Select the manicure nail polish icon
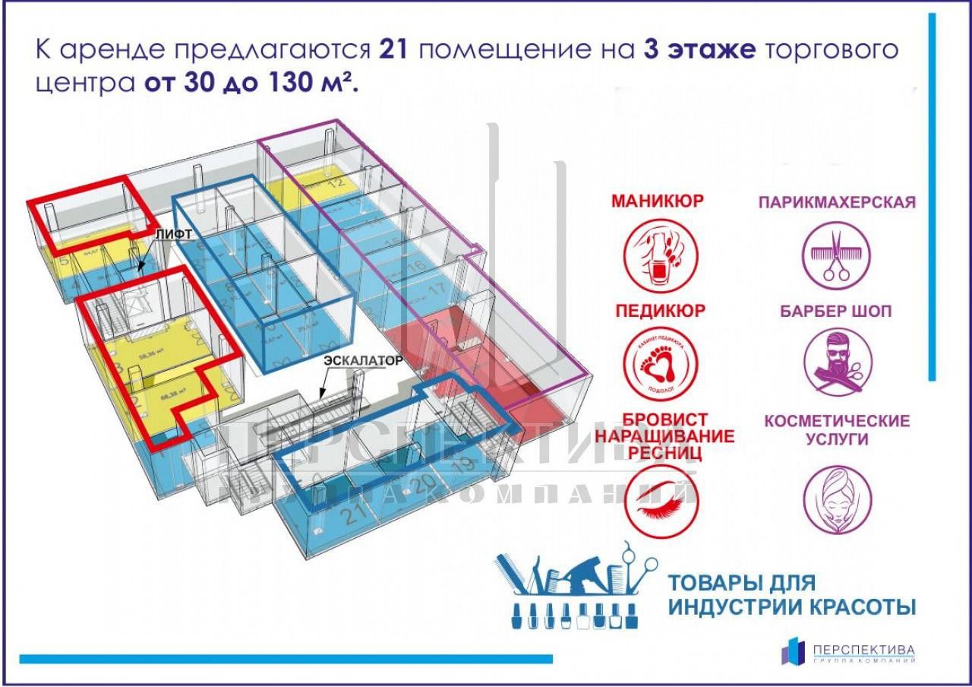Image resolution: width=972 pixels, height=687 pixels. pos(658,255)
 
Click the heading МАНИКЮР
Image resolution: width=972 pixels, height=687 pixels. pos(658,201)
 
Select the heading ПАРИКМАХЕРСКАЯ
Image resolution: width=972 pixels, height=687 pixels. pos(837,202)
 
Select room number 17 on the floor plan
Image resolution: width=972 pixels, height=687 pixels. pos(436,290)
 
